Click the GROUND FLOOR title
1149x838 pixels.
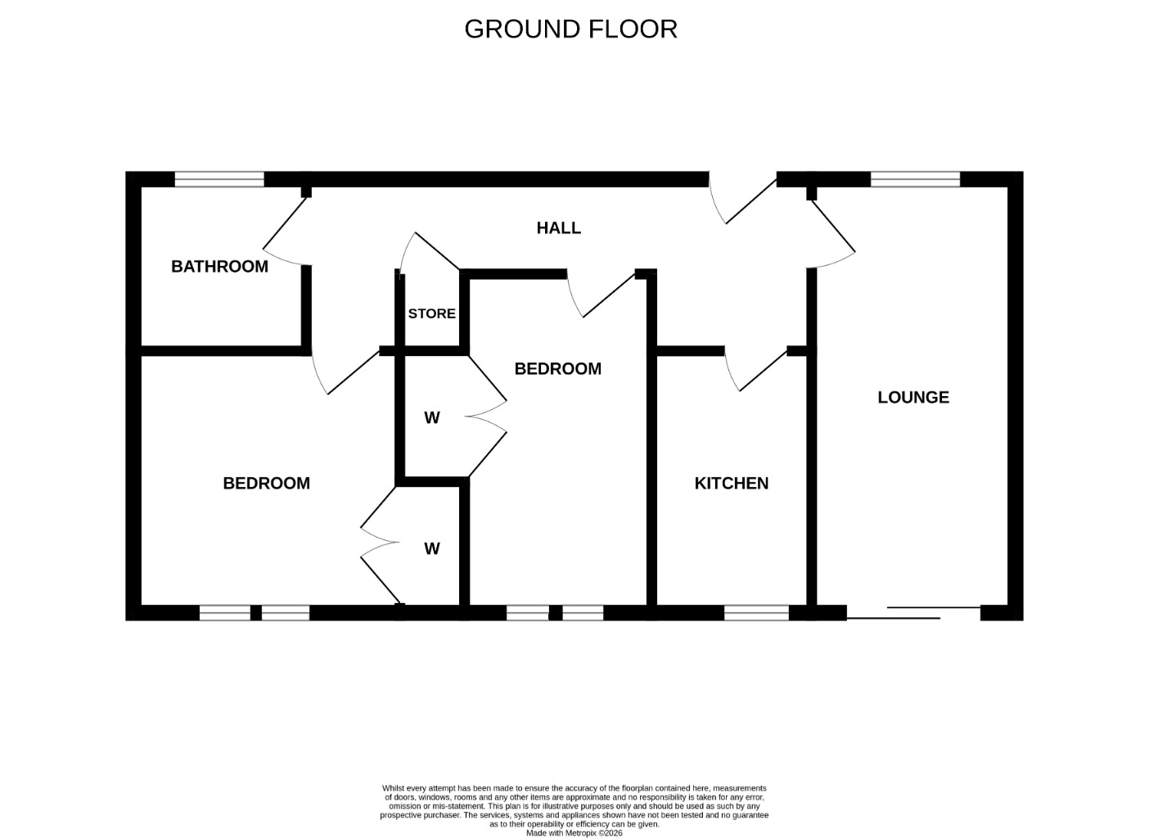tap(570, 29)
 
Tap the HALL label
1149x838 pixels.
tap(559, 228)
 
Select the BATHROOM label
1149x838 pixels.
tap(219, 267)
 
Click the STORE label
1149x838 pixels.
tap(431, 313)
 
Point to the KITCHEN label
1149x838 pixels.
tap(732, 483)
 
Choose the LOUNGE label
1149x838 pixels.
tap(913, 397)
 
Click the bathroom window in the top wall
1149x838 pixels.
tap(219, 179)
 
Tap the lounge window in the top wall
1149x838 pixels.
tap(915, 179)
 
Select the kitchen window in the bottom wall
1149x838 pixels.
tap(757, 613)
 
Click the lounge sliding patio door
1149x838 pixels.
tap(913, 613)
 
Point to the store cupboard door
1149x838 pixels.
tap(429, 252)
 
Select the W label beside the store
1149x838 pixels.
tap(432, 418)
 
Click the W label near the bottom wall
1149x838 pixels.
tap(432, 549)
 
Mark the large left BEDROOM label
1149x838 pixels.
tap(266, 483)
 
